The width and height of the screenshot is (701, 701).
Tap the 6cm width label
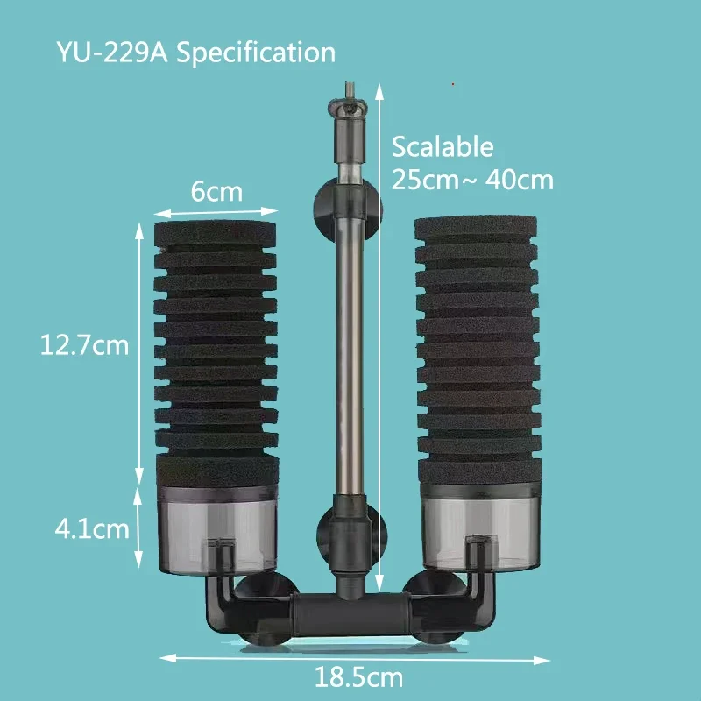216,191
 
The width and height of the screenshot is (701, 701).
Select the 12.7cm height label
84,345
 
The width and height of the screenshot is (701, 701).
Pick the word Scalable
443,146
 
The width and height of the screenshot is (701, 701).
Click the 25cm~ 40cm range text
472,181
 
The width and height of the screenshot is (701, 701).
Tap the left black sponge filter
216,342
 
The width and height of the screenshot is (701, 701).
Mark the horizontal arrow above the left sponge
216,210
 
